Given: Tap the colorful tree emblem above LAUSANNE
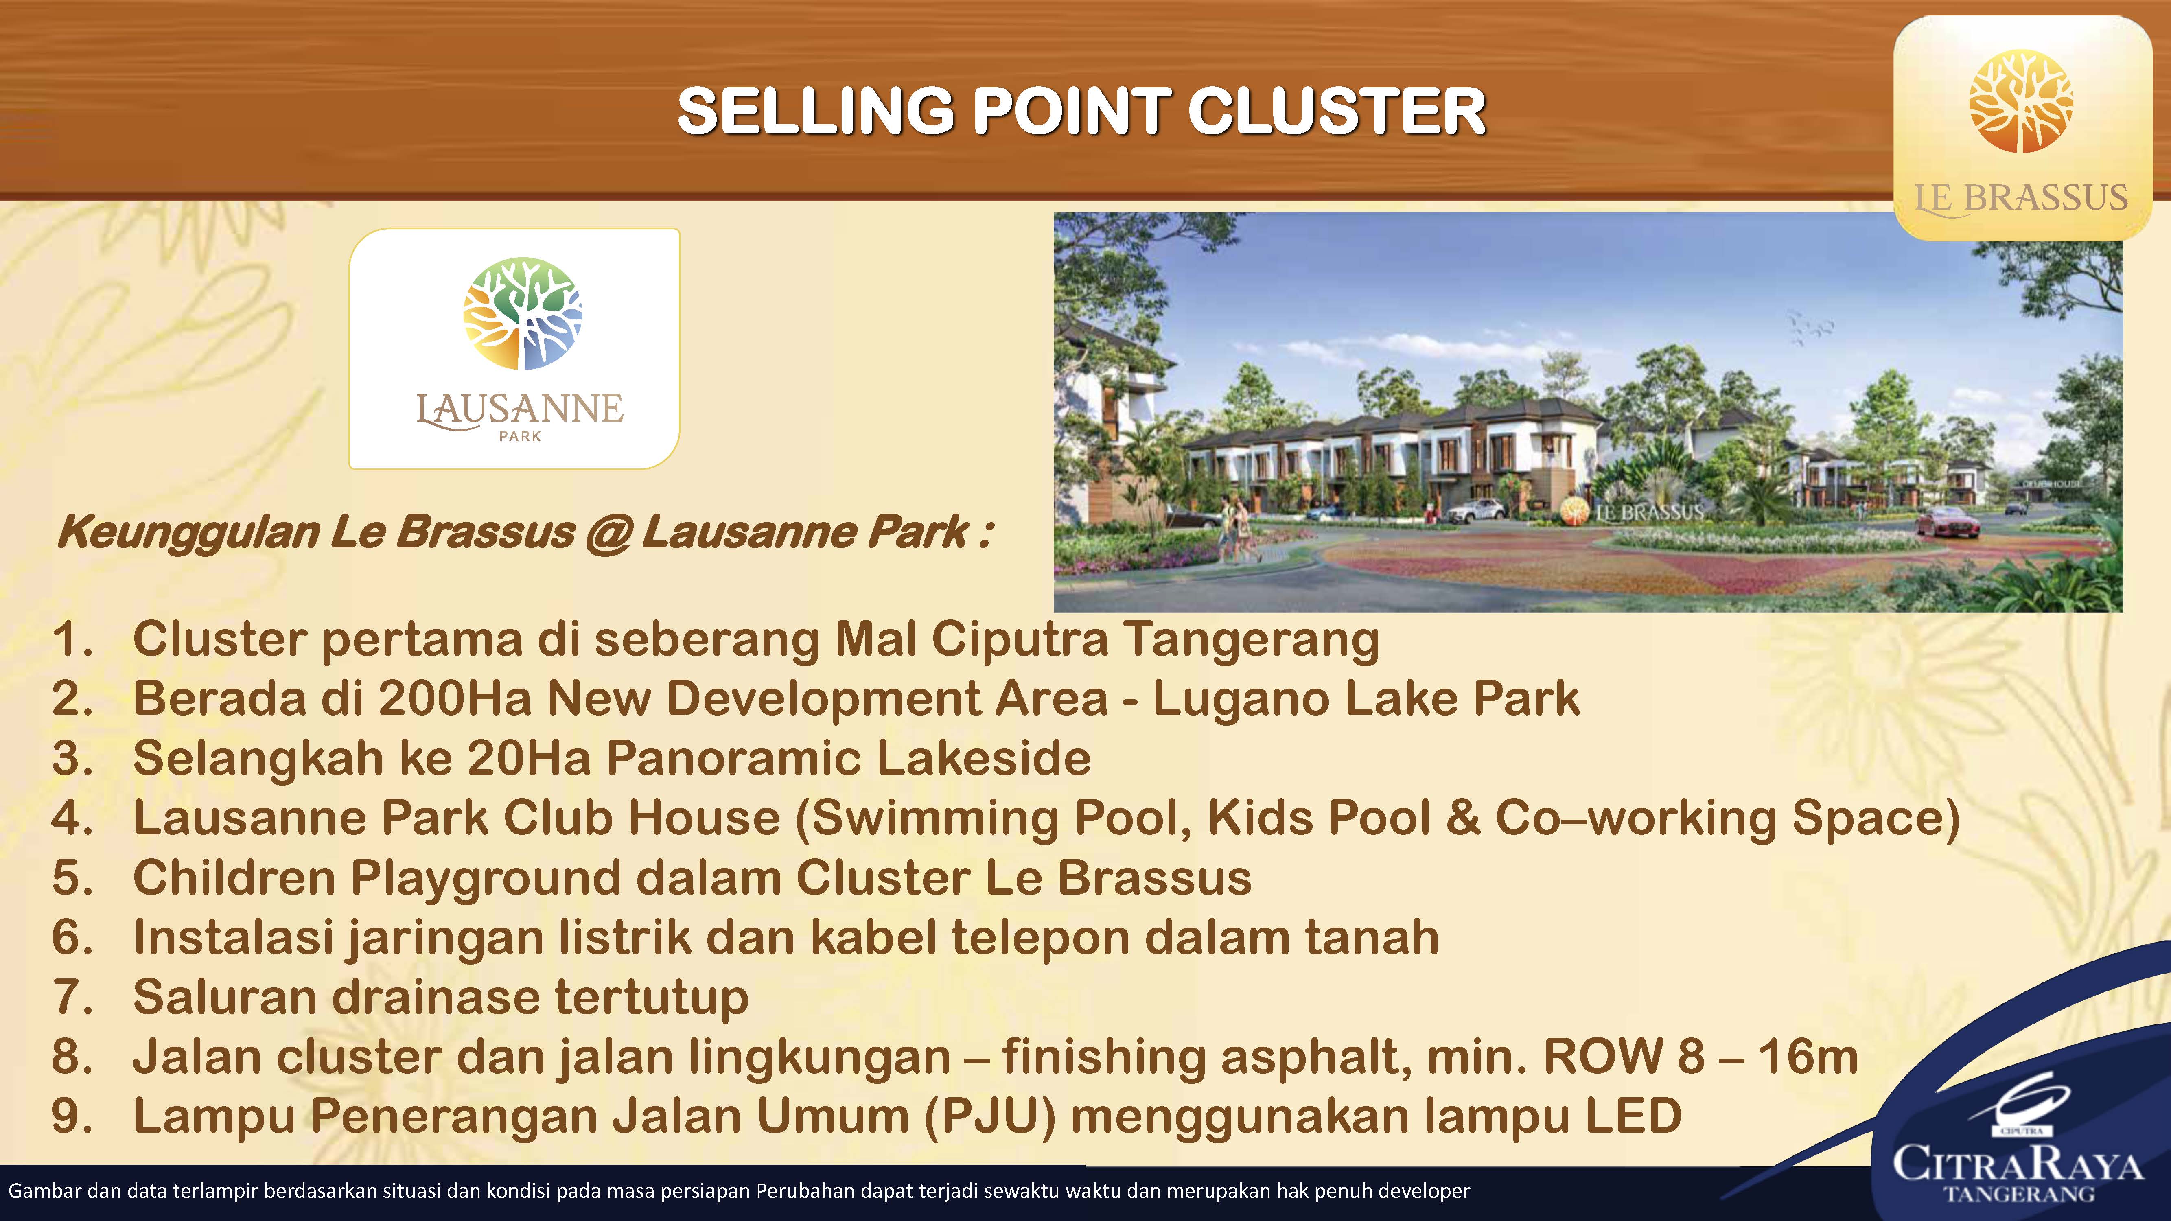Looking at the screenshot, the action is [523, 313].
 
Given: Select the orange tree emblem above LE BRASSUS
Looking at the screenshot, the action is [2021, 101].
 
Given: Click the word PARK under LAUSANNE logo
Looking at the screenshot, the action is [520, 436].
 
